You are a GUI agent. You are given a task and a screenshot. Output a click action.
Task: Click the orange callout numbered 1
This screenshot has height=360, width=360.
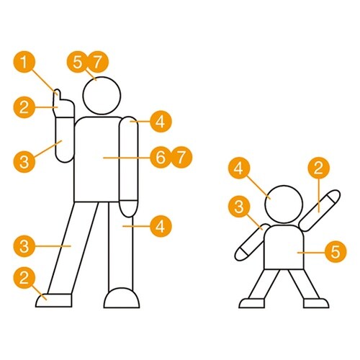[24, 62]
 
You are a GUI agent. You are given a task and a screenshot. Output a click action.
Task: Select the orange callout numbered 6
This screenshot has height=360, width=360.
[161, 157]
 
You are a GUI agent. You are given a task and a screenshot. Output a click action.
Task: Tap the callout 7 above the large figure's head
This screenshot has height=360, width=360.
[97, 62]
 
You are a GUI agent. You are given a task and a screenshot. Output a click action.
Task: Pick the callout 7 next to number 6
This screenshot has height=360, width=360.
[181, 157]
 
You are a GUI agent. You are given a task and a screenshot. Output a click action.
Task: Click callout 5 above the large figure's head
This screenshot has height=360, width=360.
[78, 62]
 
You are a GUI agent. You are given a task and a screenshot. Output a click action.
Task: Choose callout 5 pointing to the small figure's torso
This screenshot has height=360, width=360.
[336, 251]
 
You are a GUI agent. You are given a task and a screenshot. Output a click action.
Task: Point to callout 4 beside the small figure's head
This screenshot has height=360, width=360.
[239, 168]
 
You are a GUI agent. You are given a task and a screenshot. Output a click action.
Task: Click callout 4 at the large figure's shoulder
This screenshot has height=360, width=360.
[161, 121]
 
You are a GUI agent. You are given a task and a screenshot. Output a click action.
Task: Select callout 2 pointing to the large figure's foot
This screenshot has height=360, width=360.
[24, 279]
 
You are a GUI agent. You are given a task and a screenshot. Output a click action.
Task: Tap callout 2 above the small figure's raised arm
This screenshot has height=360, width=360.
[318, 168]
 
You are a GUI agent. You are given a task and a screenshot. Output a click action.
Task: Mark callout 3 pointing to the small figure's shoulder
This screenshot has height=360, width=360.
[239, 207]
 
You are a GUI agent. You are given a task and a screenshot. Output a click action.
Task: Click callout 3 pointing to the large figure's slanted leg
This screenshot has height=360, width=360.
[24, 246]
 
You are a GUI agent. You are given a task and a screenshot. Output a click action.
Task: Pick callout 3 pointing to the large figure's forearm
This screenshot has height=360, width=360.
[24, 161]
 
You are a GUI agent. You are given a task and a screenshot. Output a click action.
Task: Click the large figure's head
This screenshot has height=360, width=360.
[102, 96]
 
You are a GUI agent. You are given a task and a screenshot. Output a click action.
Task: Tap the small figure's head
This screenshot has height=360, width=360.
[284, 204]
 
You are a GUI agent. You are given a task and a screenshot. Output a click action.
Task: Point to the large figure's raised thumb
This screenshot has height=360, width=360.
[58, 94]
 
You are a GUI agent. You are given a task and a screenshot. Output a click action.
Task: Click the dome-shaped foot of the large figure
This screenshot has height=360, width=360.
[122, 298]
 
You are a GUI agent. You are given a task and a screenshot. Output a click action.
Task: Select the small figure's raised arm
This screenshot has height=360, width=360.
[320, 210]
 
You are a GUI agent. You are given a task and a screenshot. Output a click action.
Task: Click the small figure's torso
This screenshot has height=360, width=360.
[284, 247]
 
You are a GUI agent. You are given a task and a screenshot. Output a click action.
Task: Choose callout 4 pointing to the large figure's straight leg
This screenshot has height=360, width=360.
[161, 226]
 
